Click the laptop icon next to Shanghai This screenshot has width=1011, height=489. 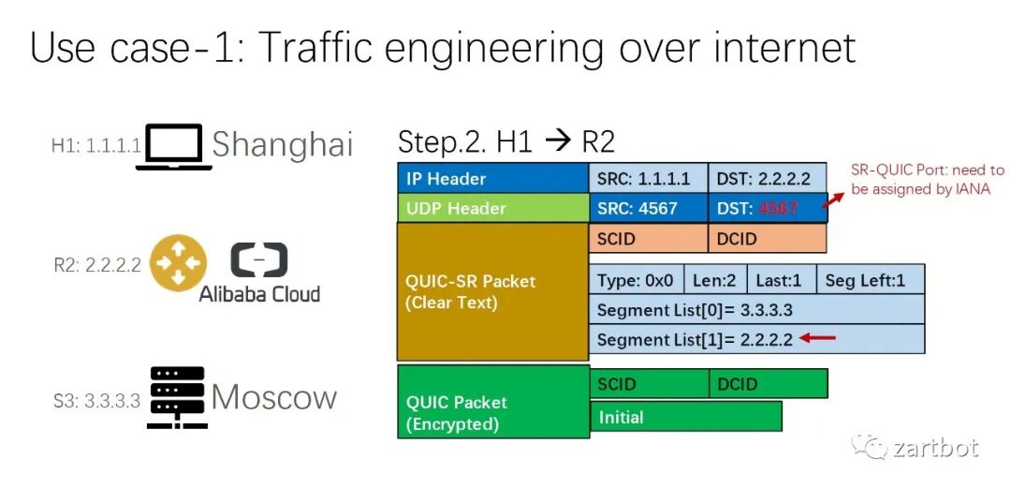(173, 146)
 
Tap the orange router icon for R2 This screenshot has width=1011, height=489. (178, 264)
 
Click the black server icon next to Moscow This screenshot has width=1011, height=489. (177, 398)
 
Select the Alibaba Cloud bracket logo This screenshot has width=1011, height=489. (259, 261)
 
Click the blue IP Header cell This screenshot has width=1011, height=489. (492, 178)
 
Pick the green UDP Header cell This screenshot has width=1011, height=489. (492, 208)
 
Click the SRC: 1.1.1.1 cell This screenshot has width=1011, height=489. (648, 178)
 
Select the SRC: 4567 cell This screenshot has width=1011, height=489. (648, 208)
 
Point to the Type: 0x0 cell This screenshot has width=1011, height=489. (636, 280)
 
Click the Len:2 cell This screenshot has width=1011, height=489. (716, 280)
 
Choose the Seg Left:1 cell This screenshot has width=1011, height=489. (870, 280)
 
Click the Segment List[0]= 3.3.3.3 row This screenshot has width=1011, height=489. (756, 310)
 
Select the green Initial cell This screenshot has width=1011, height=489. (685, 417)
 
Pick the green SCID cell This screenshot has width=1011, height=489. (648, 384)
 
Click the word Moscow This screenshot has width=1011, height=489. (273, 397)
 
